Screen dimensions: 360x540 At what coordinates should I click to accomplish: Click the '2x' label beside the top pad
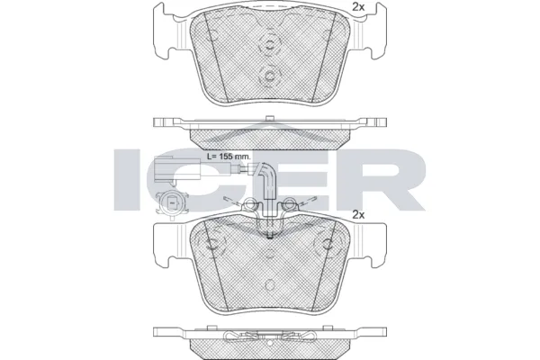pyautogui.click(x=357, y=8)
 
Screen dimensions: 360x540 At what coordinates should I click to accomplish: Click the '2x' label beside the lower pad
pyautogui.click(x=357, y=214)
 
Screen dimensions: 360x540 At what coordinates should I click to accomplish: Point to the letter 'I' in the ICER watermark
pyautogui.click(x=131, y=179)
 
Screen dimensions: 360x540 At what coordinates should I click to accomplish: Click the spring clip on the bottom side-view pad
pyautogui.click(x=269, y=338)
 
